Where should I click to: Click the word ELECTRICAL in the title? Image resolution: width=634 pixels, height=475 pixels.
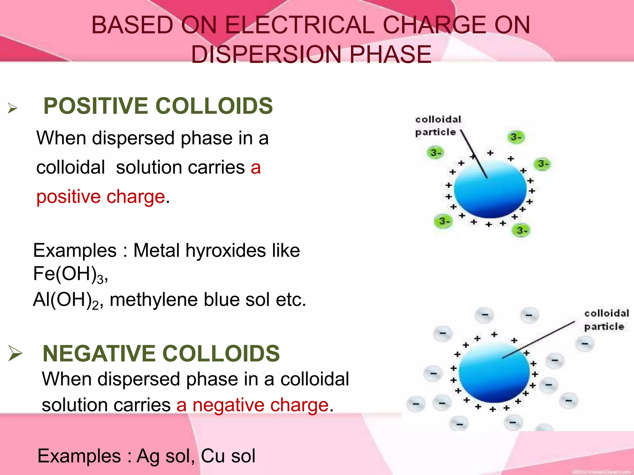(299, 25)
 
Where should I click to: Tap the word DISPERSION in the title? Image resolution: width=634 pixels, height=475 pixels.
(267, 54)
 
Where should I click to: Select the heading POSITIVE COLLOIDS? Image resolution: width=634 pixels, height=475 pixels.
(158, 106)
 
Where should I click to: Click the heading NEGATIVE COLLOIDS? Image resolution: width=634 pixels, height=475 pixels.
(161, 353)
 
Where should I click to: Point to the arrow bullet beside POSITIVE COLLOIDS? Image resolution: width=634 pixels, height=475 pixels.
(12, 108)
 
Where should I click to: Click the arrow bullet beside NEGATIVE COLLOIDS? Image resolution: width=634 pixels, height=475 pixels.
(15, 353)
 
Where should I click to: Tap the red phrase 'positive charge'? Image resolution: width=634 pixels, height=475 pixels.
(101, 197)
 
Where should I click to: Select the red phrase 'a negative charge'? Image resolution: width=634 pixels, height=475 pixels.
(252, 405)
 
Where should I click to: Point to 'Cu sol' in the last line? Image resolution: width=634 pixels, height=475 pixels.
(228, 456)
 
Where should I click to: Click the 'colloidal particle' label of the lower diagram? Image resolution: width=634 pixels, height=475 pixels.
(606, 320)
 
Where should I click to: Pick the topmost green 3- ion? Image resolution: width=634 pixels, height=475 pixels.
(516, 137)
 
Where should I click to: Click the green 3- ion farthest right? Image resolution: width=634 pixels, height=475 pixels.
(543, 164)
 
